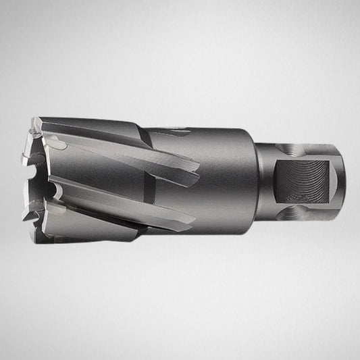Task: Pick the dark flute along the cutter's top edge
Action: coord(101,124)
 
